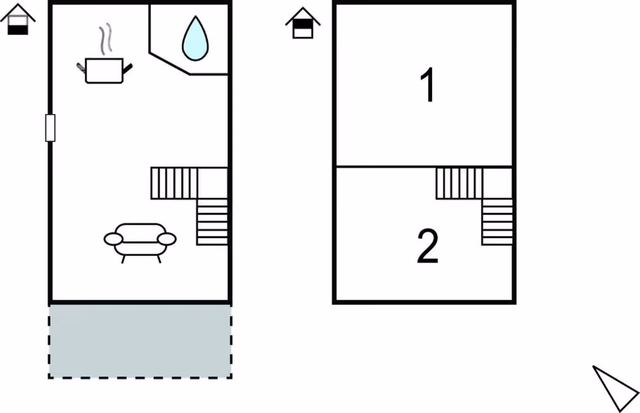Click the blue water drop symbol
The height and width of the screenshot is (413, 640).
click(195, 39)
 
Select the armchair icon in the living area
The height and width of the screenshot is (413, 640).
click(140, 243)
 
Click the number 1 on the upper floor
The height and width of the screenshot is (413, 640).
click(428, 86)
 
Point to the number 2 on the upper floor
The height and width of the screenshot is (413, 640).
click(428, 246)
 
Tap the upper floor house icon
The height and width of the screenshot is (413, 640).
click(303, 23)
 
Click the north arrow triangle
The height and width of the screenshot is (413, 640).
click(615, 387)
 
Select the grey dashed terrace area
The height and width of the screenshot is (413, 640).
click(140, 341)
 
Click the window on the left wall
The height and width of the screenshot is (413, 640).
click(50, 128)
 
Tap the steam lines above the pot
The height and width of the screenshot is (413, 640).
click(106, 39)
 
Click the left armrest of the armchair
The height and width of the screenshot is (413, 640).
click(113, 239)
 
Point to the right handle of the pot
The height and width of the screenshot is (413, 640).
click(127, 68)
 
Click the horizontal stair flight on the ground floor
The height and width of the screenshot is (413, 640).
click(174, 183)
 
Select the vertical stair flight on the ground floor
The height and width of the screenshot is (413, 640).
click(212, 222)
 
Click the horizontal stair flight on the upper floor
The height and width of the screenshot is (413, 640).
click(459, 183)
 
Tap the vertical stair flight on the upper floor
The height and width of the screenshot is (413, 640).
click(497, 222)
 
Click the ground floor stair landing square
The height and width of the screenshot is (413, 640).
click(213, 183)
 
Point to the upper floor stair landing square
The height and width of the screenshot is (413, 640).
click(497, 183)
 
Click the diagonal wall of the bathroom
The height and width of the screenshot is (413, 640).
click(170, 63)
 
